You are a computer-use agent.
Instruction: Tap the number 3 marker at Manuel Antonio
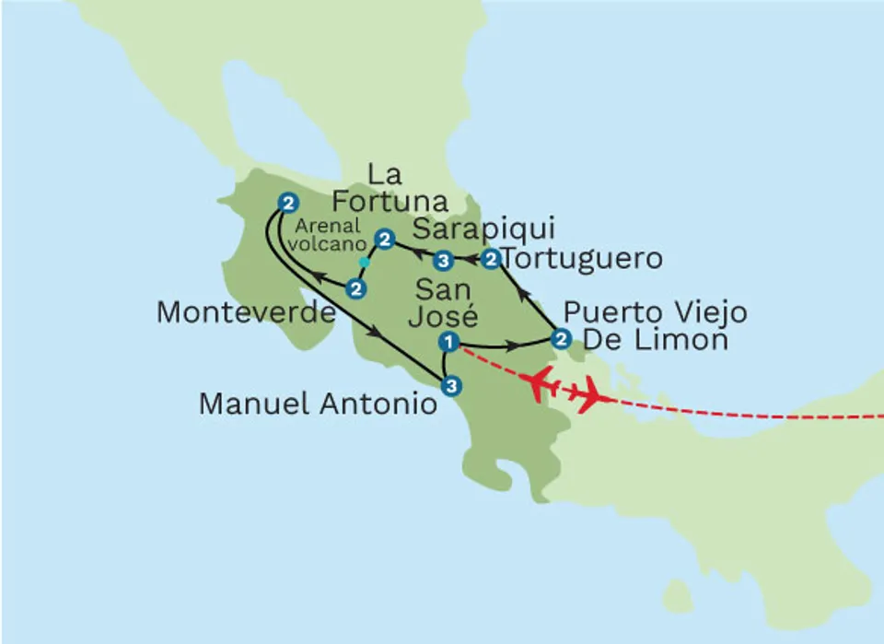click(449, 385)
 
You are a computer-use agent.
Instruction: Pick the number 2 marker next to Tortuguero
click(492, 259)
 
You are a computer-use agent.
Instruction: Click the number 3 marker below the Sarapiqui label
click(444, 261)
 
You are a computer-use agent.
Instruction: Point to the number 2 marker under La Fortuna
click(386, 240)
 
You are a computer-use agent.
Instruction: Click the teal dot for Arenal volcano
click(365, 263)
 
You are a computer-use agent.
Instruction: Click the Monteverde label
click(246, 312)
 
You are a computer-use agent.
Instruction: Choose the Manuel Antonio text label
click(318, 404)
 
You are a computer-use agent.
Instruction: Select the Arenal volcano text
click(328, 236)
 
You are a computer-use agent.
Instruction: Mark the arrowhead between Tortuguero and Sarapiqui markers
click(468, 260)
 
